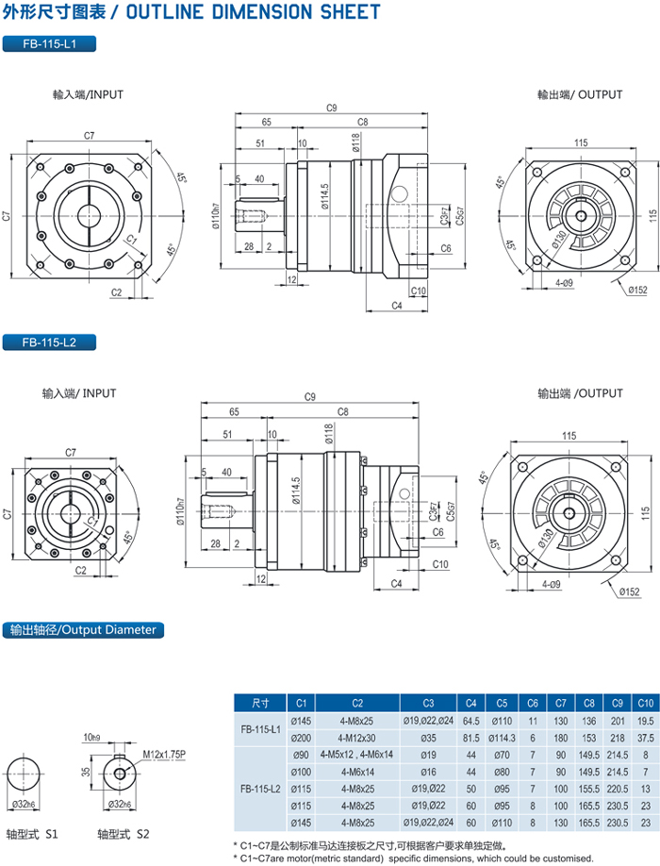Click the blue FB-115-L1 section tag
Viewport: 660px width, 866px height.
(49, 43)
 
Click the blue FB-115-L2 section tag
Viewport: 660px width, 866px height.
(49, 342)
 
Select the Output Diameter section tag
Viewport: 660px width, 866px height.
(83, 629)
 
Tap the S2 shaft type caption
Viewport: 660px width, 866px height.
(118, 835)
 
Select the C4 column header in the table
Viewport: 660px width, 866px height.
(471, 703)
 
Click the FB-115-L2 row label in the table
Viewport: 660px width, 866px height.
(261, 789)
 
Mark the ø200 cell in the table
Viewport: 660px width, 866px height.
(301, 738)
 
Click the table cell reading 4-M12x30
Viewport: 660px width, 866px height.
(357, 738)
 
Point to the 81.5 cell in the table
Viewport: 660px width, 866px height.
(471, 738)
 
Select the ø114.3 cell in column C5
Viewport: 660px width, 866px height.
(503, 738)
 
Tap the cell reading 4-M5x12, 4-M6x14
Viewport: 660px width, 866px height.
(357, 755)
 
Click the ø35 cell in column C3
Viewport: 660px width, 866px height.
(428, 738)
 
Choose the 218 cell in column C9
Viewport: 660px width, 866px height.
(617, 738)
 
